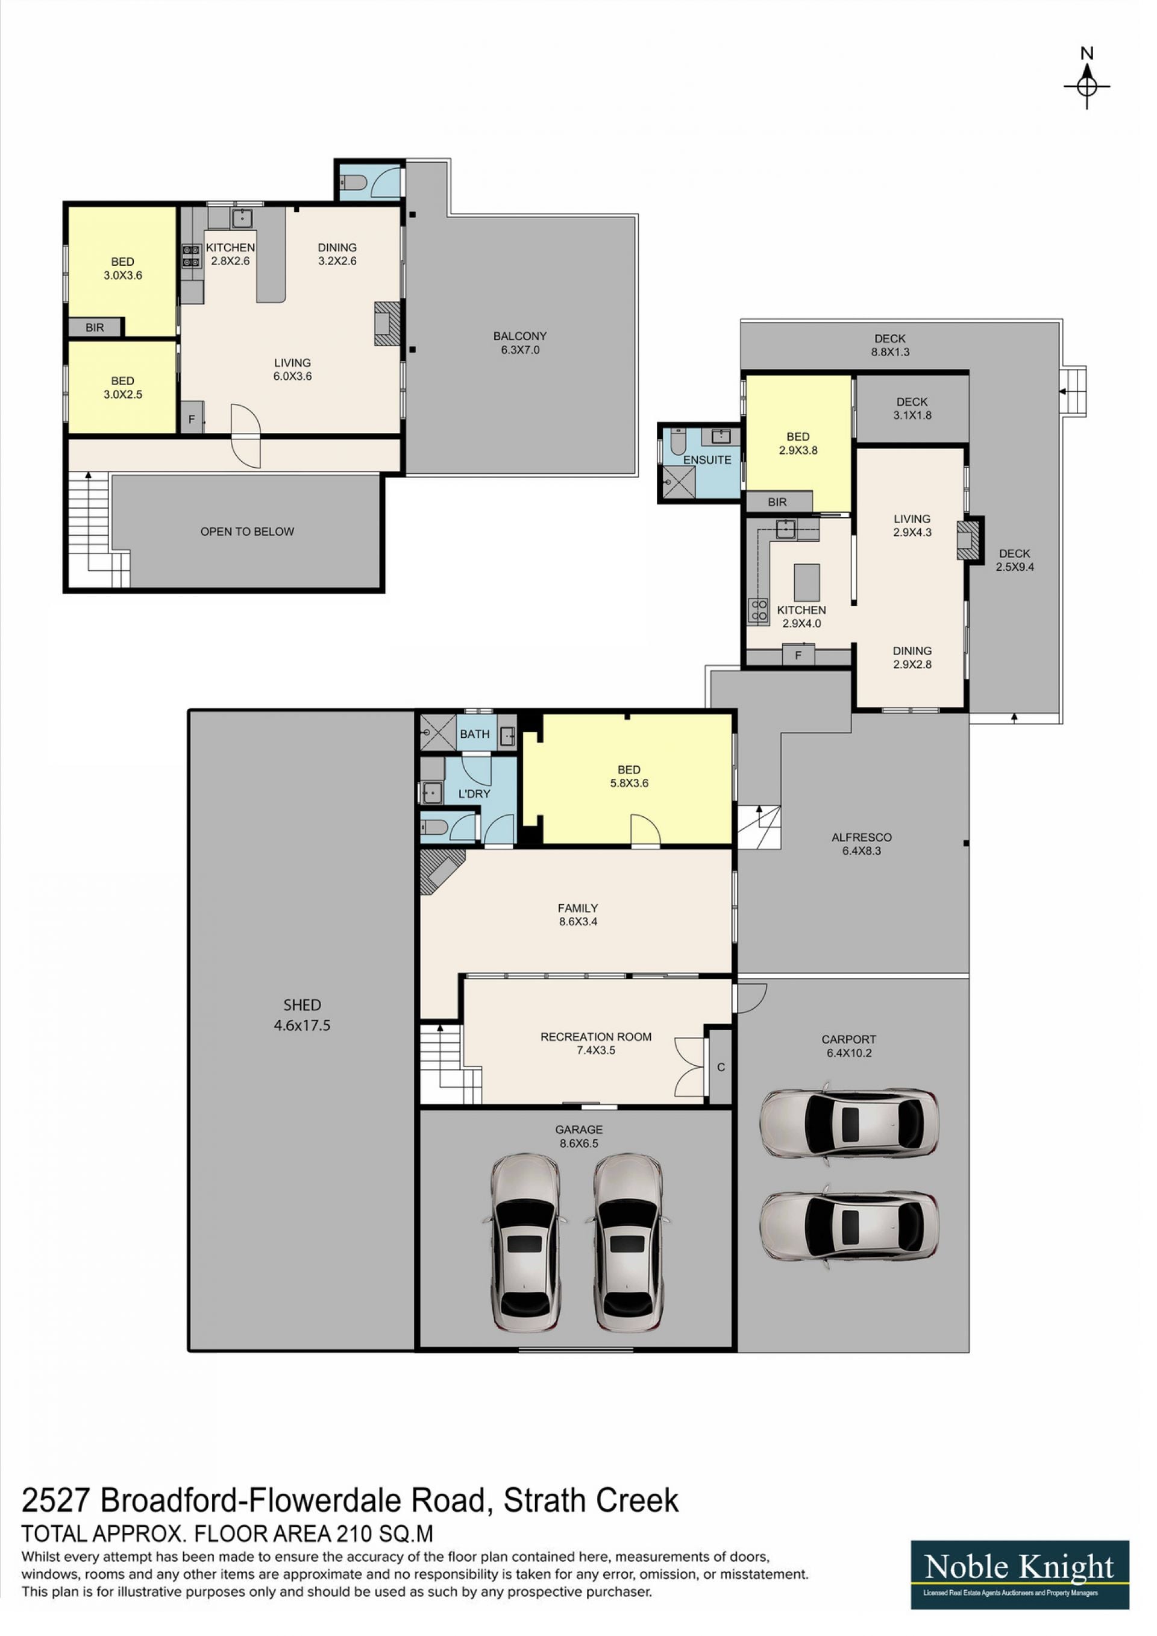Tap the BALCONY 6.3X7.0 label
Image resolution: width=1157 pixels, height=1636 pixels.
click(528, 348)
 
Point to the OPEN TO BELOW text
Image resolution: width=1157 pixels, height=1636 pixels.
click(251, 540)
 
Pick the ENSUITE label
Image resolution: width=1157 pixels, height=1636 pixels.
click(718, 467)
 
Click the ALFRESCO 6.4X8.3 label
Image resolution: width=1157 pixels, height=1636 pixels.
click(875, 857)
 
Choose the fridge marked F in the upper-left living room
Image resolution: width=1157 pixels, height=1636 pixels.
click(195, 426)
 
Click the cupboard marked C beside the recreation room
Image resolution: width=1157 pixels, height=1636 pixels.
click(732, 1084)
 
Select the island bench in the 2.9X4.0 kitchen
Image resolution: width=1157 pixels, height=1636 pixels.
click(820, 591)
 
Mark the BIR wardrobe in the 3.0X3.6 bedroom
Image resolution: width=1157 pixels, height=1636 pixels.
click(97, 333)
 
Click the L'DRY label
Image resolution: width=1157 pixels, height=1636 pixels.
click(481, 806)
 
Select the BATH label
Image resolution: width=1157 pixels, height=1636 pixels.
click(482, 745)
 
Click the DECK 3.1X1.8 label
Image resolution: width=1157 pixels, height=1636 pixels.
click(927, 415)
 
